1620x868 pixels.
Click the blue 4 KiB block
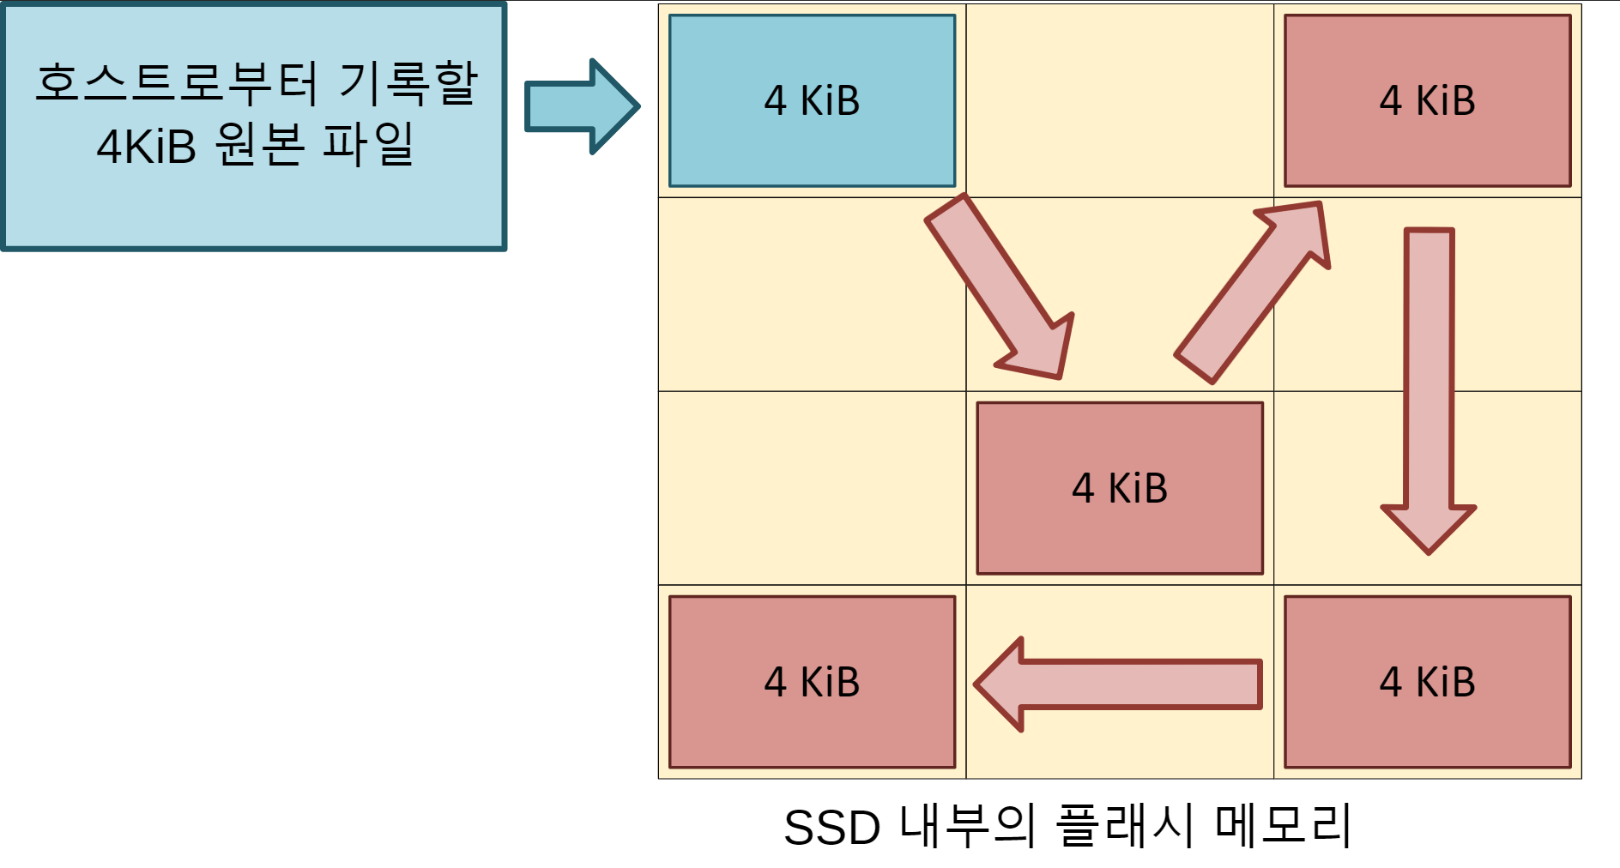tap(812, 100)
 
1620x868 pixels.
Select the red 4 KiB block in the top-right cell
tap(1427, 100)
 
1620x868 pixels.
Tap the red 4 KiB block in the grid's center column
tap(1120, 488)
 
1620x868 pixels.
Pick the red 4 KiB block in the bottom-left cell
tap(812, 682)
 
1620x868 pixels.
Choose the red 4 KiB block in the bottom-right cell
tap(1427, 682)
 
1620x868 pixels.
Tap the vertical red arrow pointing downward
tap(1429, 386)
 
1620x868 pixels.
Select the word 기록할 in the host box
tap(408, 83)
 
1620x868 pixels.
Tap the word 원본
tap(260, 144)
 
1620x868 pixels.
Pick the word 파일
tap(369, 144)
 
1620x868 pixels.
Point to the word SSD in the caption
tap(831, 828)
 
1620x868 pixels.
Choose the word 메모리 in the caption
tap(1284, 826)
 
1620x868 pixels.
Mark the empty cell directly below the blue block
tap(812, 294)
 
